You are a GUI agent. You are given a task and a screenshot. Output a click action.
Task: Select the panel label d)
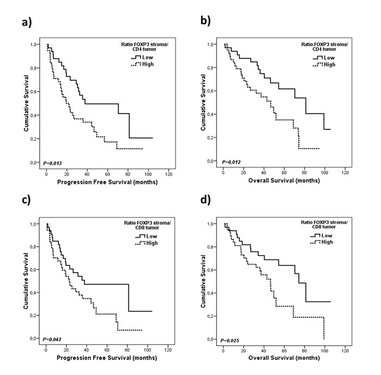click(x=206, y=199)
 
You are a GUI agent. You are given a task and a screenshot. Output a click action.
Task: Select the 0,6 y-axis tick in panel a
click(x=35, y=91)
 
